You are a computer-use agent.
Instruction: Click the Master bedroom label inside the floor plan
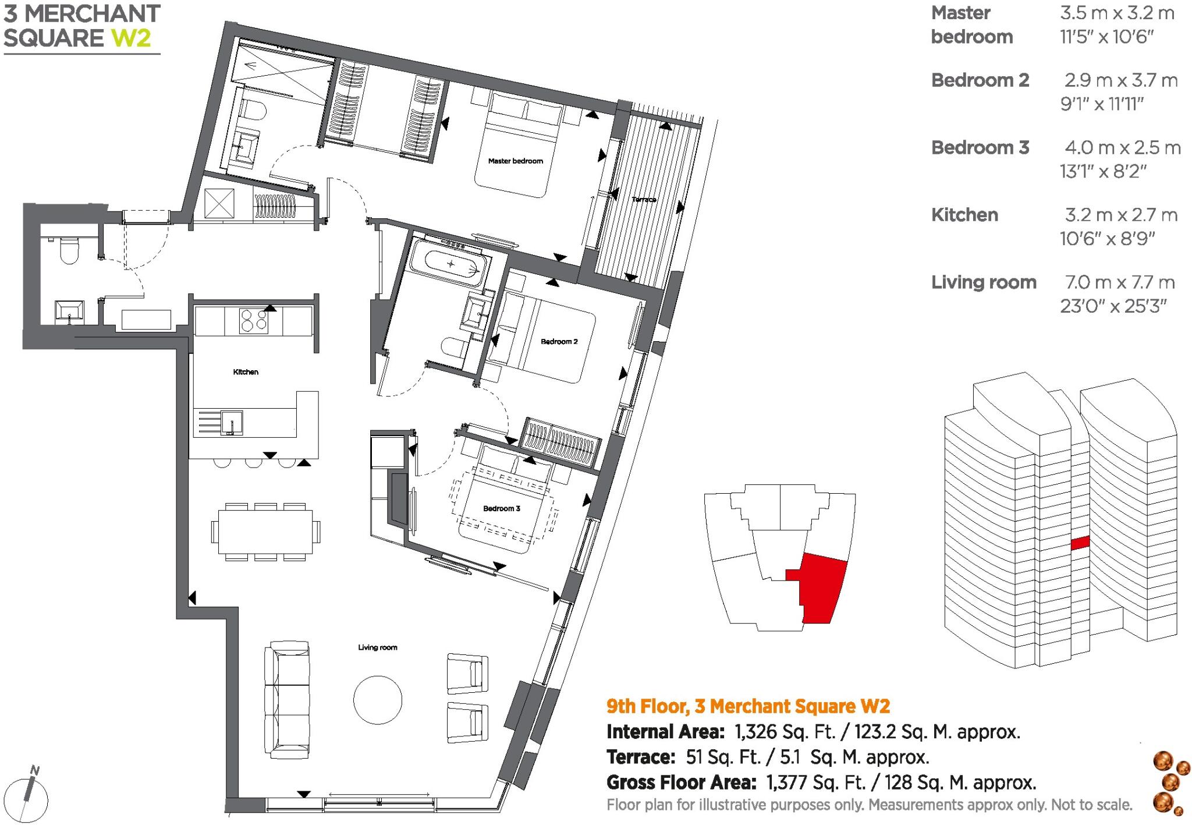click(515, 161)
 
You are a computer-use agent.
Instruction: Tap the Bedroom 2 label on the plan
click(559, 342)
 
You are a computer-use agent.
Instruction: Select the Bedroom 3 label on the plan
click(501, 509)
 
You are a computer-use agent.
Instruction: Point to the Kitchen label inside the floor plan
click(246, 372)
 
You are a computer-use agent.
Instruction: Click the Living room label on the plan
click(377, 647)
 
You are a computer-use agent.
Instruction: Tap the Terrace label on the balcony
click(644, 200)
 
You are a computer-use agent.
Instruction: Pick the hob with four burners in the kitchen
click(254, 321)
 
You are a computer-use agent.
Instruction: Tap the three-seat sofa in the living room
click(286, 700)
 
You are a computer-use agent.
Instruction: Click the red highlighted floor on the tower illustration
click(1080, 543)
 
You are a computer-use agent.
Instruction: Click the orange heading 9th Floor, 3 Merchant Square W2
click(748, 706)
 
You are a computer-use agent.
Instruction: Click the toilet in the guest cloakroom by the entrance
click(68, 252)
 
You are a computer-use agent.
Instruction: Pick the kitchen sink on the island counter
click(232, 422)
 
